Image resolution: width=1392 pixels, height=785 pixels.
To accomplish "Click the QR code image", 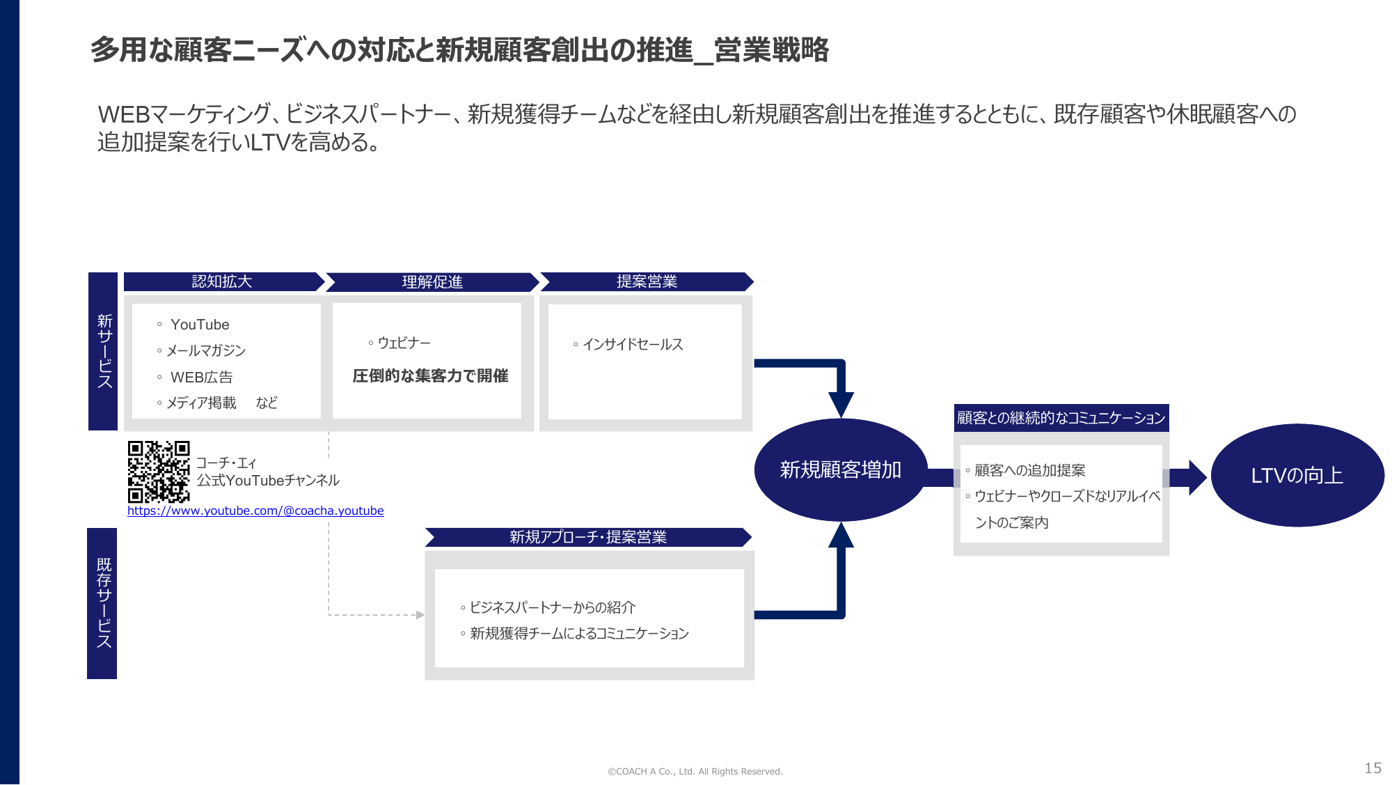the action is point(159,472).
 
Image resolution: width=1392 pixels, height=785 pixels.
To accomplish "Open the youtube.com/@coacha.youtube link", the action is point(255,511).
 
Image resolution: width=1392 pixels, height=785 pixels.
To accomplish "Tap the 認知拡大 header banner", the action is point(223,281).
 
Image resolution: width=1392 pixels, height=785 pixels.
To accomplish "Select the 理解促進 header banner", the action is point(432,282).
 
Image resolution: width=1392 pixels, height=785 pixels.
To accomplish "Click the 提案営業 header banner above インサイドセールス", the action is point(647,281).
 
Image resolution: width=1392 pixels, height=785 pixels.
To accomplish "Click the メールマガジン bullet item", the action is point(201,350).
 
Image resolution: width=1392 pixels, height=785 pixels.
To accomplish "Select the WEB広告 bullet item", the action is point(195,378).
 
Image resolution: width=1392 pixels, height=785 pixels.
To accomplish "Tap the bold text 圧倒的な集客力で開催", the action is point(430,376).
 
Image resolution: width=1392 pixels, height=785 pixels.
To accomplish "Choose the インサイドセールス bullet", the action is point(628,344).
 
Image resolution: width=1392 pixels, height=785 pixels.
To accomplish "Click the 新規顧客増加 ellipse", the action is point(841,470).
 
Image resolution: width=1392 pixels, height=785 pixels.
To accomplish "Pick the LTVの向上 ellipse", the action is point(1297,475).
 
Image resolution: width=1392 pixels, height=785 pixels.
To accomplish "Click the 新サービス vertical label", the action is point(104,351).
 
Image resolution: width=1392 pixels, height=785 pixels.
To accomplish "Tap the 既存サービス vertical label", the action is point(103,603).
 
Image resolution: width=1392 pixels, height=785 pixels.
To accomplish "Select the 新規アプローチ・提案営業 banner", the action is point(589,537).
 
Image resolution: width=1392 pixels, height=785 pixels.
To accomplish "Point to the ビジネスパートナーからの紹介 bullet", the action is point(548,607).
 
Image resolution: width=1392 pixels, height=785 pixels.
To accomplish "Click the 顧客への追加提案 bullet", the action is point(1025,470).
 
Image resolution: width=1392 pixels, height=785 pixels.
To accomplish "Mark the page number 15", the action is point(1373,768).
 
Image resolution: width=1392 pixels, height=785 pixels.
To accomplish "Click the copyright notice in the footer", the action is point(695,771).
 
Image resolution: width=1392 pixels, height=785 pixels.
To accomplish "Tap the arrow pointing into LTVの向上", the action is point(1187,478).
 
